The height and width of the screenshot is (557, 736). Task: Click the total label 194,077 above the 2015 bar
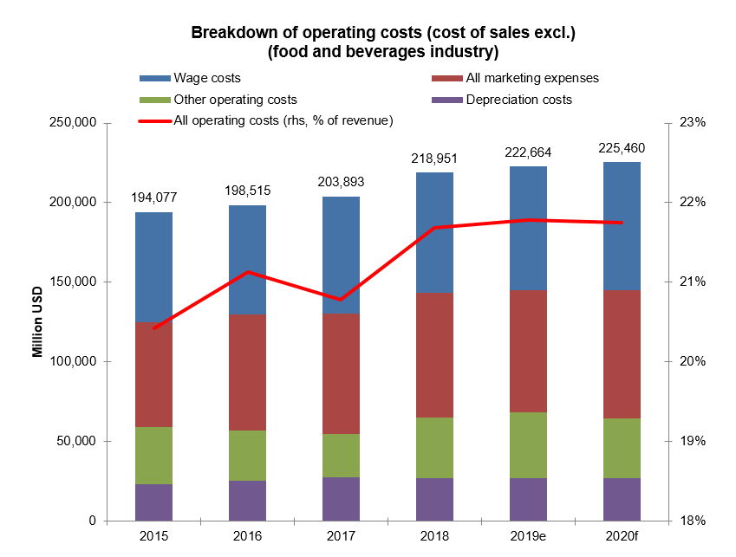pos(153,198)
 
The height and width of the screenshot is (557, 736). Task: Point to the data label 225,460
pos(621,148)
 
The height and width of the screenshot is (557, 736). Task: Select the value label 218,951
pos(433,159)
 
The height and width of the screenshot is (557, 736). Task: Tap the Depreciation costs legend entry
pos(518,100)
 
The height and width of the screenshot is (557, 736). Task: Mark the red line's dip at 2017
pos(340,300)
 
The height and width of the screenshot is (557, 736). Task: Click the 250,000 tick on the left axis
pos(73,123)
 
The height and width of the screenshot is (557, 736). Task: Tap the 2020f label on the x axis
pos(621,537)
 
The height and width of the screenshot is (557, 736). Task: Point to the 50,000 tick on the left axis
pos(76,441)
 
